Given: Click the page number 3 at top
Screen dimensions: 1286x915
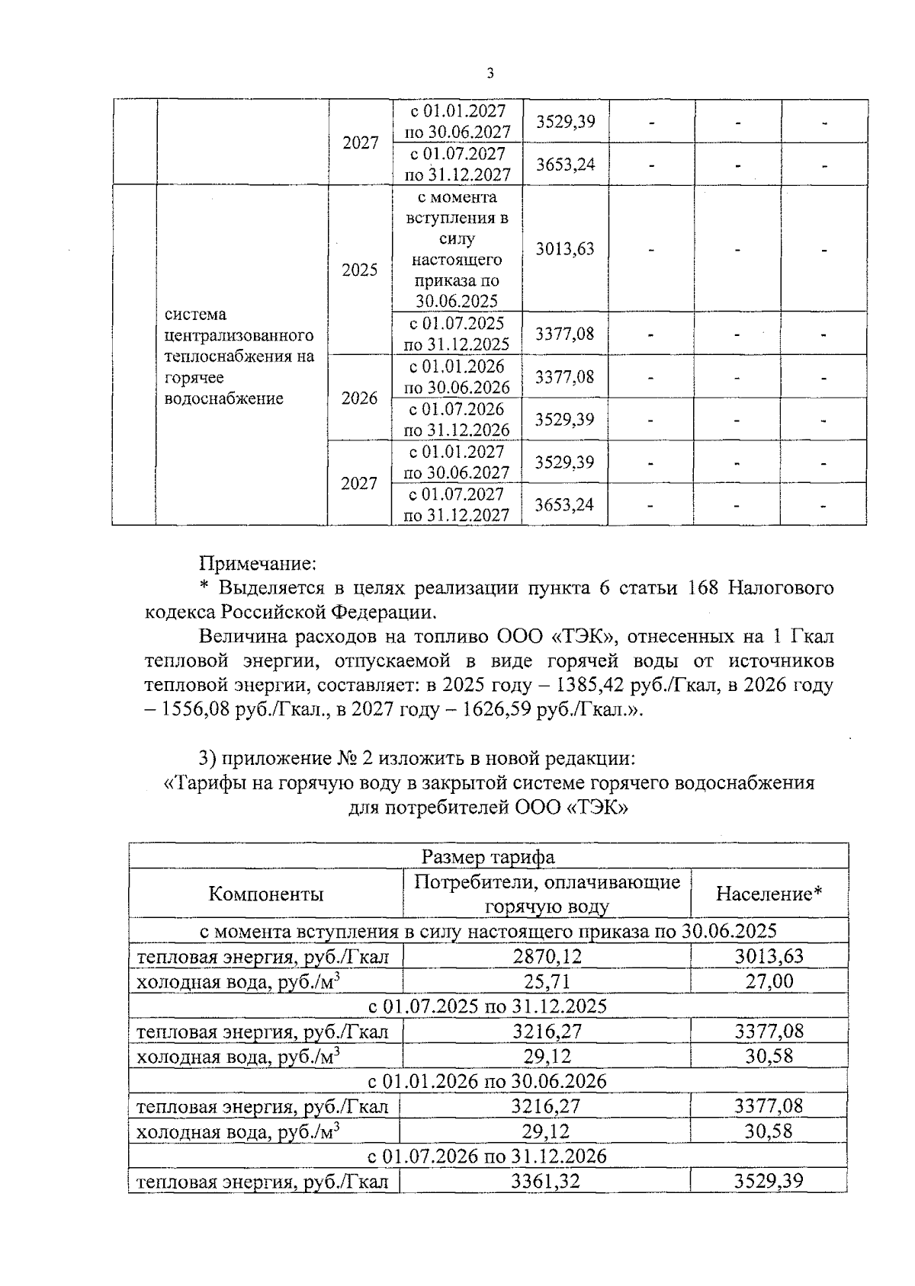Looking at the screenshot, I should (490, 73).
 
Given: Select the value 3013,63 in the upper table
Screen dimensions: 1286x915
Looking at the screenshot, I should (564, 249).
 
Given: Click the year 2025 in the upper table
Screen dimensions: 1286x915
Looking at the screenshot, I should (359, 270).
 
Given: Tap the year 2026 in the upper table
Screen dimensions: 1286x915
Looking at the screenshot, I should (359, 398).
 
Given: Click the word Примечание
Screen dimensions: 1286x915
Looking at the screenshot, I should (257, 564).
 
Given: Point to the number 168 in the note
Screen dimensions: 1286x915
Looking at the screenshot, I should (703, 587).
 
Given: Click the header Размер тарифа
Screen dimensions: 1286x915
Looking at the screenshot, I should (488, 856).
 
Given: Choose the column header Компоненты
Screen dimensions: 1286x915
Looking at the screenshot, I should (265, 894).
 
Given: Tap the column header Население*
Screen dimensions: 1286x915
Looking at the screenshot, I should (769, 894).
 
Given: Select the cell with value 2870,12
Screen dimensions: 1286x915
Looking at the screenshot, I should (546, 956).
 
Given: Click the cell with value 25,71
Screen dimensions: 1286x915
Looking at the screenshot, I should (546, 981).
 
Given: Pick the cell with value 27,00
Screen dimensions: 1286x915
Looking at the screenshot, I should (769, 981).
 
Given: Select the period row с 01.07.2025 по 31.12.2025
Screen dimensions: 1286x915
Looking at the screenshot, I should (488, 1006).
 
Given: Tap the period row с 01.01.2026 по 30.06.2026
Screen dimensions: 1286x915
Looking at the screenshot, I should (488, 1081).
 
